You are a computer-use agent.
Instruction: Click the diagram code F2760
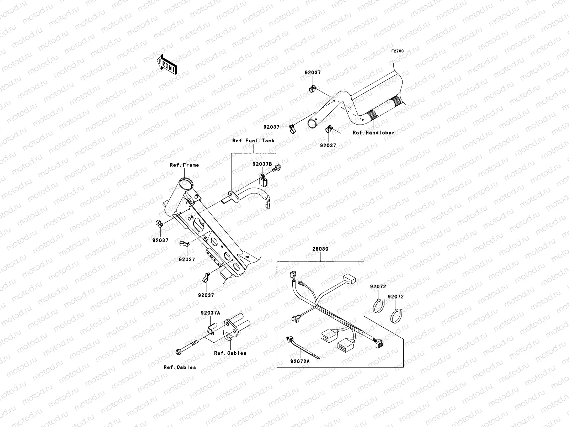point(398,51)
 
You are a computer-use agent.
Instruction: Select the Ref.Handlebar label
point(373,132)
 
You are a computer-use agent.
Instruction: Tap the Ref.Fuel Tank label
point(253,141)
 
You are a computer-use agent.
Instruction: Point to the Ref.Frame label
point(184,165)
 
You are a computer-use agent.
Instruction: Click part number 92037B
point(262,164)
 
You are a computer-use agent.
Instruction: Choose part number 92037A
point(210,313)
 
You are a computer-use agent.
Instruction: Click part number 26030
point(320,249)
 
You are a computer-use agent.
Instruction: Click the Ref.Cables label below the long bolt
point(180,367)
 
